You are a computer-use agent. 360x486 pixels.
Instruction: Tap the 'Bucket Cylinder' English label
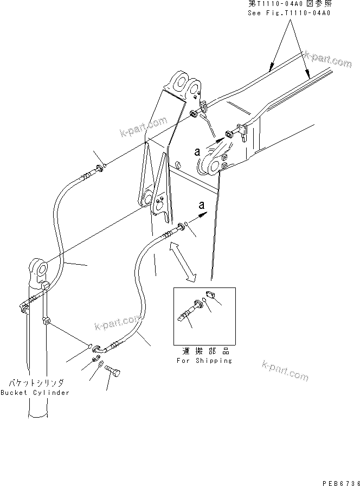pyautogui.click(x=35, y=392)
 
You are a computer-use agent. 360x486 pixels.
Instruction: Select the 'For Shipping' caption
pyautogui.click(x=204, y=360)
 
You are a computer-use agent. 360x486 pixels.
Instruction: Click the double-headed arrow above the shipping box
pyautogui.click(x=182, y=263)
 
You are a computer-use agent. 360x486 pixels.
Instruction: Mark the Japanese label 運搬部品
pyautogui.click(x=204, y=351)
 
